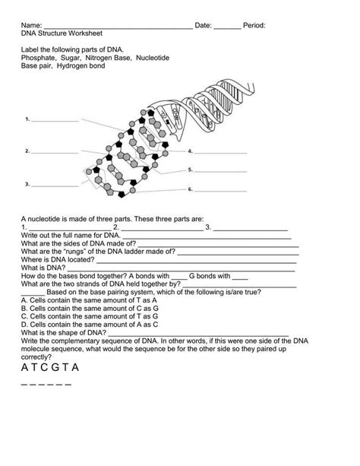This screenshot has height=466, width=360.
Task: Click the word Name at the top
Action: point(30,26)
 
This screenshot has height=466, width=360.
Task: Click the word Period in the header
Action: point(254,26)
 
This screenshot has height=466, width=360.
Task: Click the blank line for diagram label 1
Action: point(54,120)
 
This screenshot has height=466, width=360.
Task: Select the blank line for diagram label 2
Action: point(54,151)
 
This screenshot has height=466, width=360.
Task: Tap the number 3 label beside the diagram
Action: point(27,183)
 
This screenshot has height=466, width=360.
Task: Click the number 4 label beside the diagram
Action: point(191,152)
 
